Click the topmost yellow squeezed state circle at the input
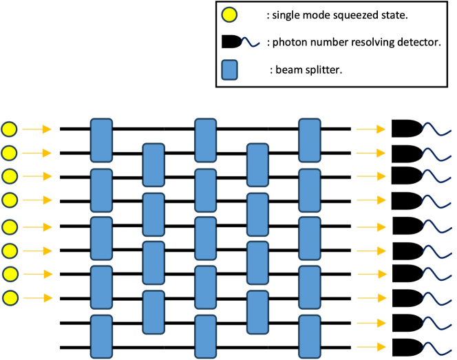tap(10, 128)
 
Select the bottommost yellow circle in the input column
tap(10, 298)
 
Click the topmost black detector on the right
tap(406, 128)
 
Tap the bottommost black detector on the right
tap(406, 346)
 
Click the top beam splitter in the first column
tap(101, 140)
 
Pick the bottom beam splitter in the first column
tap(101, 336)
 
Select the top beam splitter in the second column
tap(153, 165)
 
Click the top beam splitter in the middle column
tap(205, 140)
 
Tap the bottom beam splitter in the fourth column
tap(257, 312)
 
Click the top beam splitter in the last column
tap(309, 140)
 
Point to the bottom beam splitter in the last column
tap(309, 336)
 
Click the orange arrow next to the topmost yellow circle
tap(36, 128)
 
